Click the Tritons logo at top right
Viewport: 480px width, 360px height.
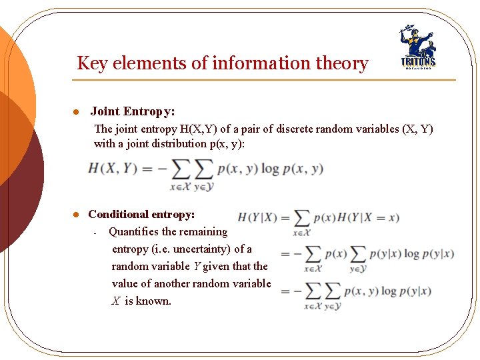pyautogui.click(x=417, y=49)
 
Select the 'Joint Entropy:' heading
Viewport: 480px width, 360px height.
pyautogui.click(x=133, y=111)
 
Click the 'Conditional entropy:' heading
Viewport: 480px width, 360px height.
pyautogui.click(x=141, y=214)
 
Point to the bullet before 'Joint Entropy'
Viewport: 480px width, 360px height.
pyautogui.click(x=77, y=112)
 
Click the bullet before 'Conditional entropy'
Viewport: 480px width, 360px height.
pyautogui.click(x=77, y=215)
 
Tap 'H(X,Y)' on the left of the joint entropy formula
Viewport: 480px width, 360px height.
pyautogui.click(x=111, y=169)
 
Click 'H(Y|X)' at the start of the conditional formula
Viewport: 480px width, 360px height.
pyautogui.click(x=257, y=217)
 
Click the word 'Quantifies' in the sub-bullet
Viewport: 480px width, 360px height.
pyautogui.click(x=134, y=232)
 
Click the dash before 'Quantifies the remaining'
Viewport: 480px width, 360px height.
pyautogui.click(x=96, y=233)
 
